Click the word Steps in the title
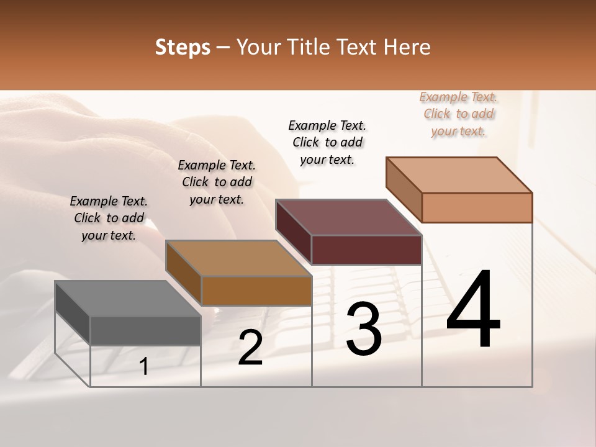pyautogui.click(x=183, y=47)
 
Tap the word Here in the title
pyautogui.click(x=407, y=47)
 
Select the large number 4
pyautogui.click(x=473, y=310)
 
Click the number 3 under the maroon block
pyautogui.click(x=364, y=329)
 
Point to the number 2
pyautogui.click(x=250, y=348)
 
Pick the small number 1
pyautogui.click(x=144, y=366)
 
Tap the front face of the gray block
pyautogui.click(x=145, y=330)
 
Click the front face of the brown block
pyautogui.click(x=256, y=291)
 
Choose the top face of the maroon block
pyautogui.click(x=348, y=217)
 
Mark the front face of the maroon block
pyautogui.click(x=366, y=250)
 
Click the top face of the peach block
pyautogui.click(x=459, y=175)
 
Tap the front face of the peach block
pyautogui.click(x=477, y=207)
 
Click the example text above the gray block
pyautogui.click(x=109, y=218)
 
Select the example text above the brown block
pyautogui.click(x=217, y=182)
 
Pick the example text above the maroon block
pyautogui.click(x=327, y=142)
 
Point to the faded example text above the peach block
pyautogui.click(x=458, y=114)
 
